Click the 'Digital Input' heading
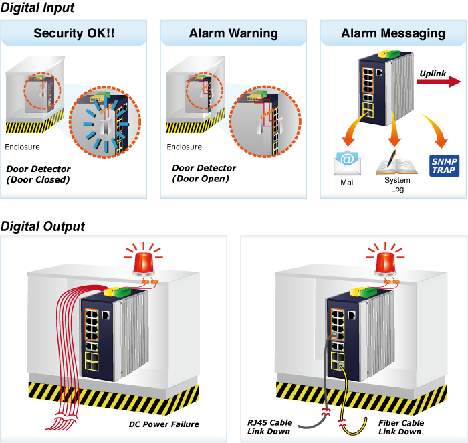37,8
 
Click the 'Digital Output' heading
43,226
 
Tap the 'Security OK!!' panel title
74,33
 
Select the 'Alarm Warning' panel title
233,33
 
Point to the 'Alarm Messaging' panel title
392,33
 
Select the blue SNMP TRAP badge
443,165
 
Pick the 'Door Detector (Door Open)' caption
204,173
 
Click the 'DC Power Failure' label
164,424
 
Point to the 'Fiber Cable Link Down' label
401,427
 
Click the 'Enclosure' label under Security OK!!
22,147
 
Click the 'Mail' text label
348,182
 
